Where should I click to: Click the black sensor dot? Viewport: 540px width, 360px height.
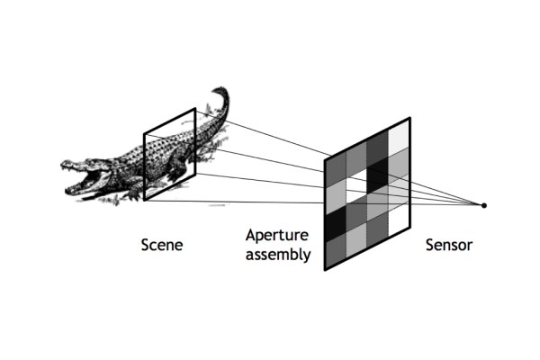(484, 206)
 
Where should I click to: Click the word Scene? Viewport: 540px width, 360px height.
(162, 244)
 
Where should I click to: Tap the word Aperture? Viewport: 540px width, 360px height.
(277, 236)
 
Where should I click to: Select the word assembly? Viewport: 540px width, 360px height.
(278, 255)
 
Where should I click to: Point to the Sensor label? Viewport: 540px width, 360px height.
(448, 244)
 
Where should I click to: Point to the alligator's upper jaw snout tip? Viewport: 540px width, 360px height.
(64, 165)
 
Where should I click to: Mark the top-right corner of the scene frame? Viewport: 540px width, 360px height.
(194, 109)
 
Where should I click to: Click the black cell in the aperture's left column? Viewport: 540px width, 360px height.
(336, 220)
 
